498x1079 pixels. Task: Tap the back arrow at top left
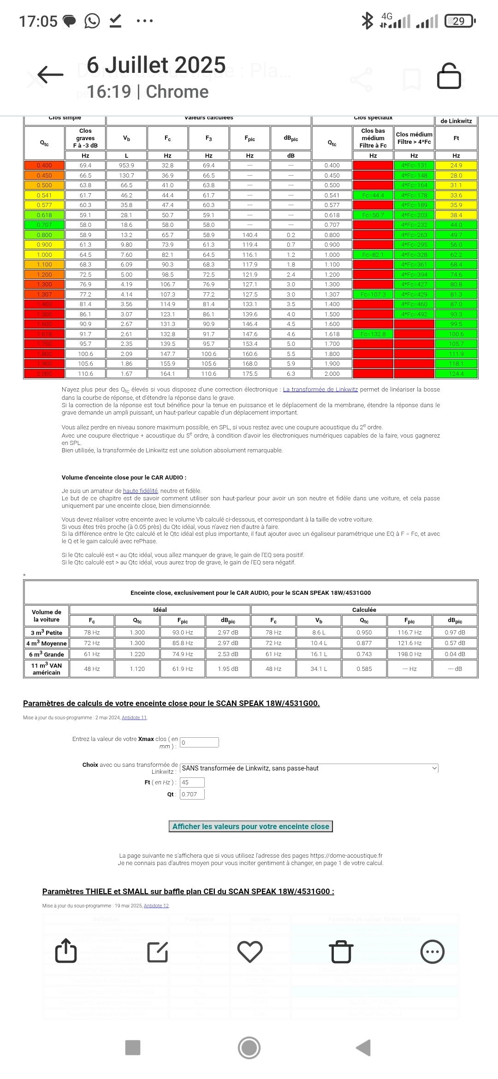click(x=50, y=74)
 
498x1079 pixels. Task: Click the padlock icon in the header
click(x=449, y=76)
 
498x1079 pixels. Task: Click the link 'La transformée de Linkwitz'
click(x=320, y=390)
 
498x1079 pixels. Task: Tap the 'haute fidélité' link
click(x=140, y=491)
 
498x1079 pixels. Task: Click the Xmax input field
click(x=199, y=742)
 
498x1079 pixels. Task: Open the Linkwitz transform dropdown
click(x=308, y=768)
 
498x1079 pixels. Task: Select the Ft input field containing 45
click(x=192, y=782)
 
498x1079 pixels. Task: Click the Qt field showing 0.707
click(x=192, y=794)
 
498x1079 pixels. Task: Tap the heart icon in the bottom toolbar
click(x=249, y=952)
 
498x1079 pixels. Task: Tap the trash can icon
click(x=341, y=952)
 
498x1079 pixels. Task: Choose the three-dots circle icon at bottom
click(x=433, y=952)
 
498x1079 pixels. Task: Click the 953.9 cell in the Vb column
click(x=126, y=166)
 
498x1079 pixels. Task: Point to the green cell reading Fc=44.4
click(x=373, y=196)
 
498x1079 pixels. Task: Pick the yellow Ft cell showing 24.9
click(x=456, y=166)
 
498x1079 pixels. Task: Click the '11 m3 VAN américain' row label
click(x=46, y=669)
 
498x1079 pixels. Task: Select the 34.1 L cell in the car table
click(x=319, y=669)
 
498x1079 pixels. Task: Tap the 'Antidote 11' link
click(x=134, y=717)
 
